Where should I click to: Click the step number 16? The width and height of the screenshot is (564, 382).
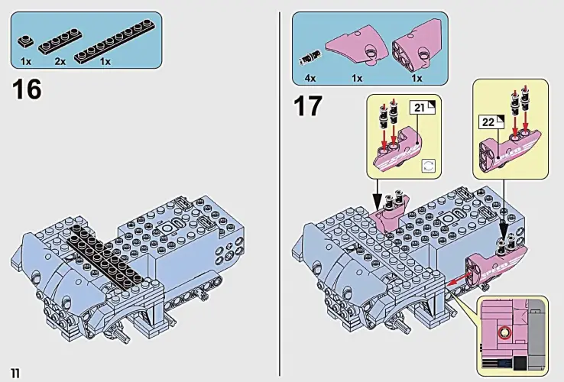(27, 90)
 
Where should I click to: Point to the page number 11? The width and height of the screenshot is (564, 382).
(15, 372)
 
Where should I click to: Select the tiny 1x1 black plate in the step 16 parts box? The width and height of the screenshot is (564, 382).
(26, 40)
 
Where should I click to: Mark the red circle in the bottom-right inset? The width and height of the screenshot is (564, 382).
(504, 332)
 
